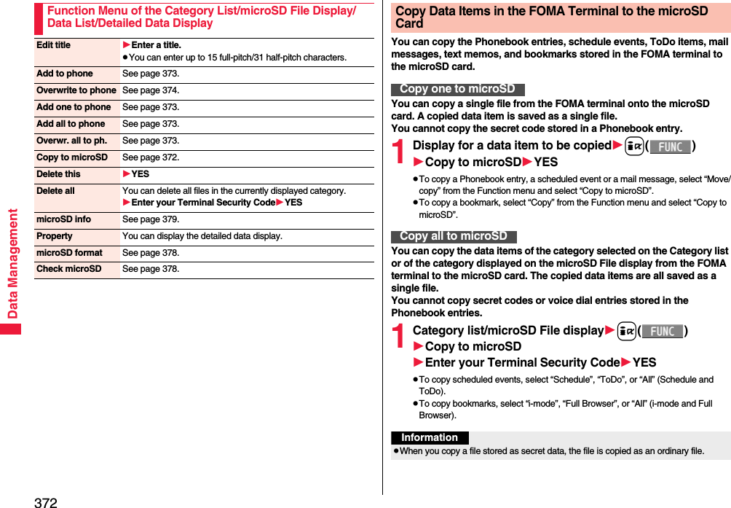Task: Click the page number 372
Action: (45, 501)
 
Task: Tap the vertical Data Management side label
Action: (12, 263)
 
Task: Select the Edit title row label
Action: (54, 45)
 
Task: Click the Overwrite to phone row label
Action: (76, 90)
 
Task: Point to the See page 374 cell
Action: (151, 90)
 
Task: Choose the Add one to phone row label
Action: (74, 107)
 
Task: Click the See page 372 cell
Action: (151, 157)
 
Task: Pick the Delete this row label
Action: (59, 174)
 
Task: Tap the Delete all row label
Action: (55, 191)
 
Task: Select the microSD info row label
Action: (64, 219)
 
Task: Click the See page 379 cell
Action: (151, 219)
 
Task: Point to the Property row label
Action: (55, 236)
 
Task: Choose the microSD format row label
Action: (69, 253)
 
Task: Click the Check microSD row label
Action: (69, 269)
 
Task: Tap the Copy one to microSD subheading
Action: (457, 89)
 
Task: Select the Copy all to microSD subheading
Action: (454, 236)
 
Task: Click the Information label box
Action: (430, 438)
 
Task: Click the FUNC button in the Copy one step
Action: (670, 146)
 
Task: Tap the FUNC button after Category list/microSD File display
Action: (662, 332)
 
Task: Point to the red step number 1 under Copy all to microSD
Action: (399, 336)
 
